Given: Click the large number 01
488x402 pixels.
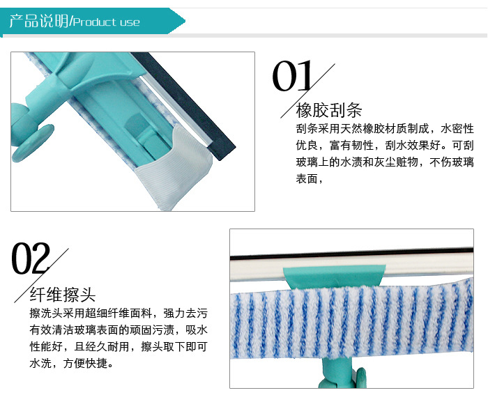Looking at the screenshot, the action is (x=292, y=76).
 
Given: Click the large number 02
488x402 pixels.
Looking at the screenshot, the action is (x=31, y=258).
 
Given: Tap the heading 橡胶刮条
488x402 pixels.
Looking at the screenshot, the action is (x=329, y=110).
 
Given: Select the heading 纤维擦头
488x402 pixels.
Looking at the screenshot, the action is (x=63, y=294).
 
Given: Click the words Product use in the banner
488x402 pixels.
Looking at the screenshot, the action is (x=107, y=22).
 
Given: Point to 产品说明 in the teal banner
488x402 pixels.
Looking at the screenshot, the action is (x=38, y=21).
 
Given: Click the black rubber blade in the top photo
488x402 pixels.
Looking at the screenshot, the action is (x=183, y=105).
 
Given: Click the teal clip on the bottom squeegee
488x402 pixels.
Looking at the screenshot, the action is (x=335, y=277).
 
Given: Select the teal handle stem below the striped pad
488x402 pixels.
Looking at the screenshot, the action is (x=337, y=373).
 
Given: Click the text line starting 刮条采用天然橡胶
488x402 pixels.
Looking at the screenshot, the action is (x=385, y=128).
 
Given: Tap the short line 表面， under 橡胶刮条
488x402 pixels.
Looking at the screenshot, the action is (x=309, y=179).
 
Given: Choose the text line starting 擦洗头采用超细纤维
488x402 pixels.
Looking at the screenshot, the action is (x=119, y=313).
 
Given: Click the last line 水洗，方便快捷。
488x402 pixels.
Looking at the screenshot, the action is (x=71, y=363).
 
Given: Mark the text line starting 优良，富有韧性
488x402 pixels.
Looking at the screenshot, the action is (x=385, y=146).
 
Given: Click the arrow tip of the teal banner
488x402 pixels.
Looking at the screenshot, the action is (x=185, y=21).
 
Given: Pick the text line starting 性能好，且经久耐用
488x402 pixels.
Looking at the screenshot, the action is (x=119, y=346).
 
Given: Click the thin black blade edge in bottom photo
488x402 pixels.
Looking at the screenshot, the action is (x=351, y=254).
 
